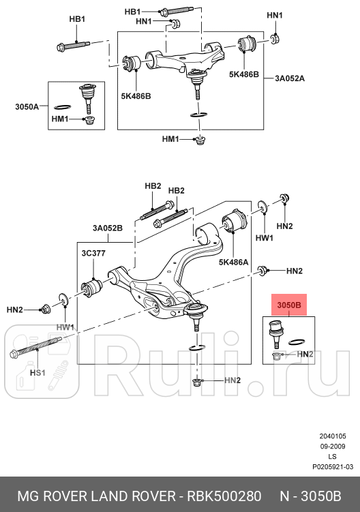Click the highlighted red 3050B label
[x=288, y=305]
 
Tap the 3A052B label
[x=108, y=228]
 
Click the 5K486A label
[x=233, y=261]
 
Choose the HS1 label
[x=37, y=373]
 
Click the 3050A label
[x=27, y=107]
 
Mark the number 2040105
[x=333, y=436]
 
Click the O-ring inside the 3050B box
[x=296, y=342]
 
